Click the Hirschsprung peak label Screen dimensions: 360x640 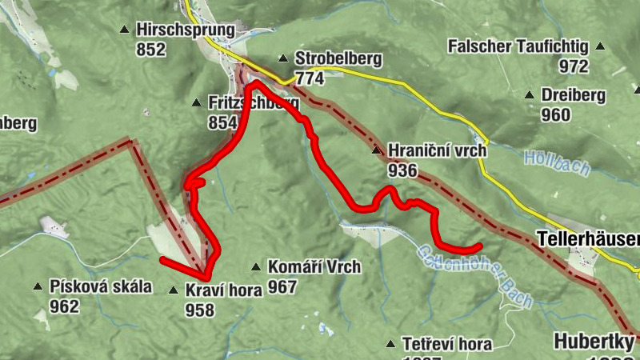tap(185, 30)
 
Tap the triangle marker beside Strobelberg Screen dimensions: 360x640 tap(282, 58)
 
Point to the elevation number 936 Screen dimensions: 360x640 tap(402, 170)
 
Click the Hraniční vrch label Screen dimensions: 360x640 tap(437, 150)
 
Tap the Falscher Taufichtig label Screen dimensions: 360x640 tap(518, 46)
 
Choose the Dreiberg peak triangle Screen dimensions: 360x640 tap(529, 95)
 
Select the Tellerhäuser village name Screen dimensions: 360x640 tap(588, 239)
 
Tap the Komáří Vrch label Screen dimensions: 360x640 tap(314, 266)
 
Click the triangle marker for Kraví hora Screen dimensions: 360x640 tap(174, 290)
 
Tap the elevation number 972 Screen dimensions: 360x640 tap(574, 66)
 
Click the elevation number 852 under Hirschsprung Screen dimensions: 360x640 tap(150, 50)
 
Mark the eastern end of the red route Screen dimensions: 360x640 tap(479, 246)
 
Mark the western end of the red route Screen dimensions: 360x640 tap(162, 260)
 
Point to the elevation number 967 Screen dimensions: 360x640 tap(282, 286)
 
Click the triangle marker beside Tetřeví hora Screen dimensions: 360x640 tap(390, 344)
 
